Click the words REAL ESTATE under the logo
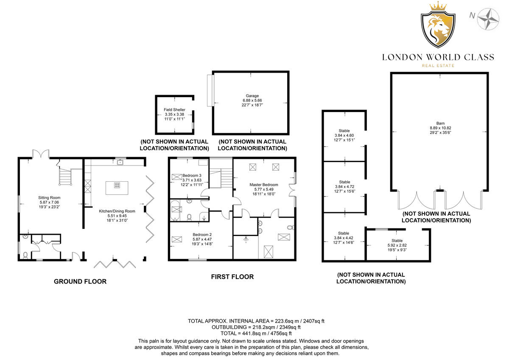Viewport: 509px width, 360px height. (x=438, y=65)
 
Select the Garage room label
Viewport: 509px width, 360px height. (x=252, y=96)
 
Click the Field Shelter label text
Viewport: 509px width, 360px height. (x=174, y=110)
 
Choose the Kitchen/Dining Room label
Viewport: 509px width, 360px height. (x=117, y=211)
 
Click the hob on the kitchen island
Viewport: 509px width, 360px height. (x=117, y=185)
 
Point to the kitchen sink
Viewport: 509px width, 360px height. (x=120, y=162)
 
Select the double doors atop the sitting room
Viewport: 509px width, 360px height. (x=39, y=154)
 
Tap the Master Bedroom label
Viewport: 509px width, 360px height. (x=264, y=185)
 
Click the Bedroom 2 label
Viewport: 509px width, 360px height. (x=201, y=235)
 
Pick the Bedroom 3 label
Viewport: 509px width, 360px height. (x=192, y=175)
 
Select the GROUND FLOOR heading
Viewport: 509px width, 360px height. (x=80, y=281)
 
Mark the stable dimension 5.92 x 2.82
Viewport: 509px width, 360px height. (x=397, y=245)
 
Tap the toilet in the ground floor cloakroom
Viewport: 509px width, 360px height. (x=25, y=255)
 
